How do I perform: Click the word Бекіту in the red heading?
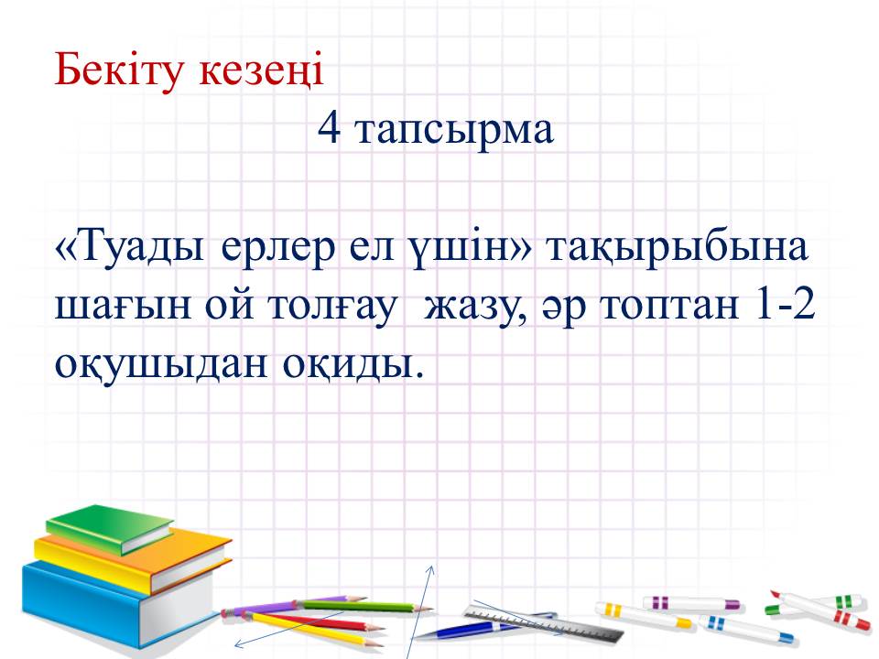tap(119, 71)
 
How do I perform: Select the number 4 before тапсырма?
tap(329, 128)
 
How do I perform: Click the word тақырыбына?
tap(678, 249)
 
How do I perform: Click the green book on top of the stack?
tap(110, 529)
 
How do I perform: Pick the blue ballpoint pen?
tap(483, 626)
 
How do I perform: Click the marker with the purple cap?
tap(692, 603)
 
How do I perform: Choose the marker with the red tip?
tap(819, 610)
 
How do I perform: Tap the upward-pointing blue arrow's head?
tap(431, 569)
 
